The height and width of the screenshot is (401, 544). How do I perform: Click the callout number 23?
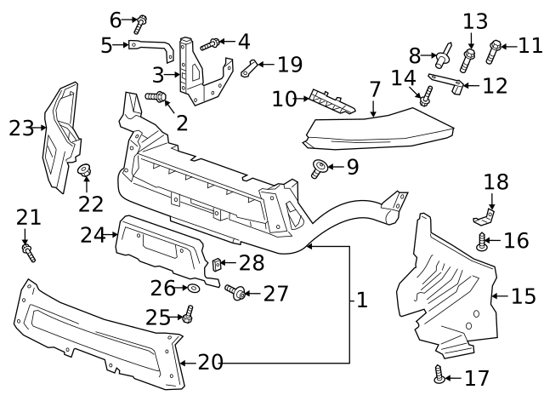[20, 129]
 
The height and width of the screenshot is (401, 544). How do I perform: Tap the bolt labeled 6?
[141, 20]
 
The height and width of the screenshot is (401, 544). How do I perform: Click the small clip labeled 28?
[217, 265]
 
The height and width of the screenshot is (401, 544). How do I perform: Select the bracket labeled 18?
[487, 209]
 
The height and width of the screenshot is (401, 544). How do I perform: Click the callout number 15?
[524, 296]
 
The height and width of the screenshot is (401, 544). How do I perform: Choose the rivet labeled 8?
[442, 57]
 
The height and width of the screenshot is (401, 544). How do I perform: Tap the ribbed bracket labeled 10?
[331, 100]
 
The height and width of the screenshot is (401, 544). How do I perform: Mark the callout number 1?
[362, 300]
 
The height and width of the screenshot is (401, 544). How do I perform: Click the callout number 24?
[93, 234]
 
